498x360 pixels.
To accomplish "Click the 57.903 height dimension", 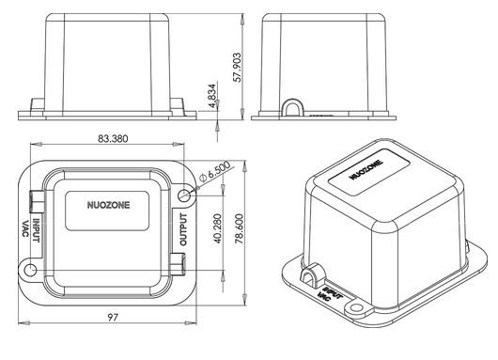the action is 237,68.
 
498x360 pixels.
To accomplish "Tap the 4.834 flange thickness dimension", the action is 212,96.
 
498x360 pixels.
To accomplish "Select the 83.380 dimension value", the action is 113,139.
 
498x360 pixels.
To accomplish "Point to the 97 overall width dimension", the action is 113,317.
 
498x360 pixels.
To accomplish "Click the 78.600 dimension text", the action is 240,228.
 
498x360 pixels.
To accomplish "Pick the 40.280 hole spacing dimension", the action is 218,228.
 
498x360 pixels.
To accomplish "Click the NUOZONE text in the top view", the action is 109,205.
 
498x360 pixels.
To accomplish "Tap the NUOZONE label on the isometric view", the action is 366,170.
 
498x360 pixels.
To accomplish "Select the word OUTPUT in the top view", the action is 183,229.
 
